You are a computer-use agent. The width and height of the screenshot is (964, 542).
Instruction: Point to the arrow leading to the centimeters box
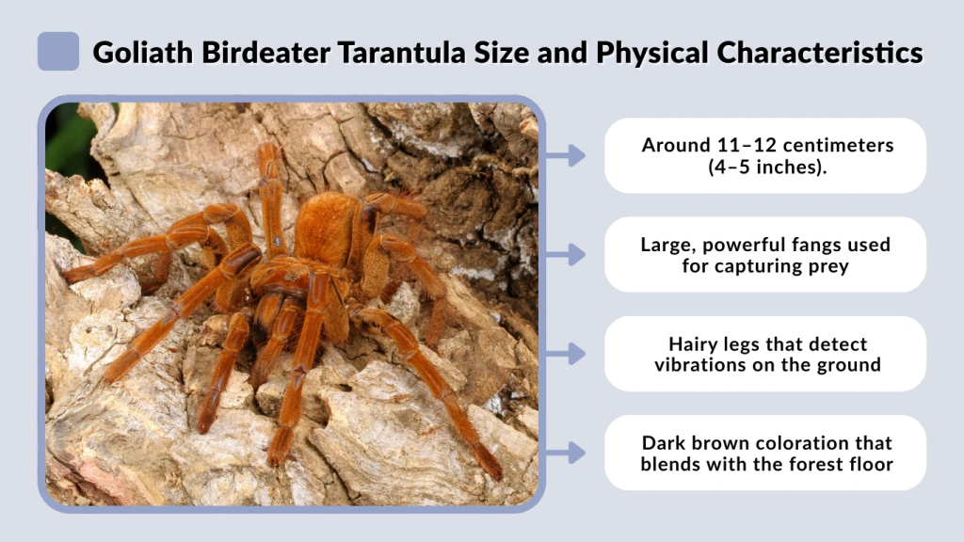(x=565, y=155)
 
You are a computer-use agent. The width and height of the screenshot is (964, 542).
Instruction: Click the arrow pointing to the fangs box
(x=565, y=254)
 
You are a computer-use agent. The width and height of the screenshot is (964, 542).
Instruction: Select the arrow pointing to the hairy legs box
(x=565, y=354)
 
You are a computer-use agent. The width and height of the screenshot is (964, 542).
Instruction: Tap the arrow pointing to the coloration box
(x=565, y=453)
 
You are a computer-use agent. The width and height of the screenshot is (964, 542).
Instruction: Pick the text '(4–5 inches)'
(x=764, y=167)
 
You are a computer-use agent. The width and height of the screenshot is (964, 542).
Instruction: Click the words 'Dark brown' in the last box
(x=693, y=443)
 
